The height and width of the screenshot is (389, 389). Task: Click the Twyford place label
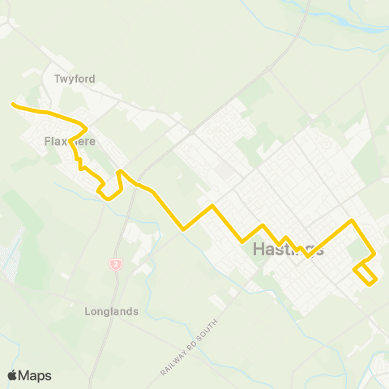point(75,79)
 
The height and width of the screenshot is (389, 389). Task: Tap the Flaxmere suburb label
point(70,141)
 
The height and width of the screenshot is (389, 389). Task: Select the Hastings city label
point(289,249)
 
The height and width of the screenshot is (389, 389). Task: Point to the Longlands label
point(112,311)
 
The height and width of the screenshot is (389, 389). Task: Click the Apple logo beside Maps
point(12,375)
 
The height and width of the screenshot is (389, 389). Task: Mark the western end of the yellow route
point(11,104)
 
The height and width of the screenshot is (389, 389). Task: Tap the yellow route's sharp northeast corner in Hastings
point(351,220)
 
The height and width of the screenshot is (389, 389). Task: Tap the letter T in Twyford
point(57,79)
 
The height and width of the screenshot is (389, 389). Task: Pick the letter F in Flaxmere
point(47,141)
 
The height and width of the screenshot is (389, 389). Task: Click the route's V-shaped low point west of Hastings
point(185,229)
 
